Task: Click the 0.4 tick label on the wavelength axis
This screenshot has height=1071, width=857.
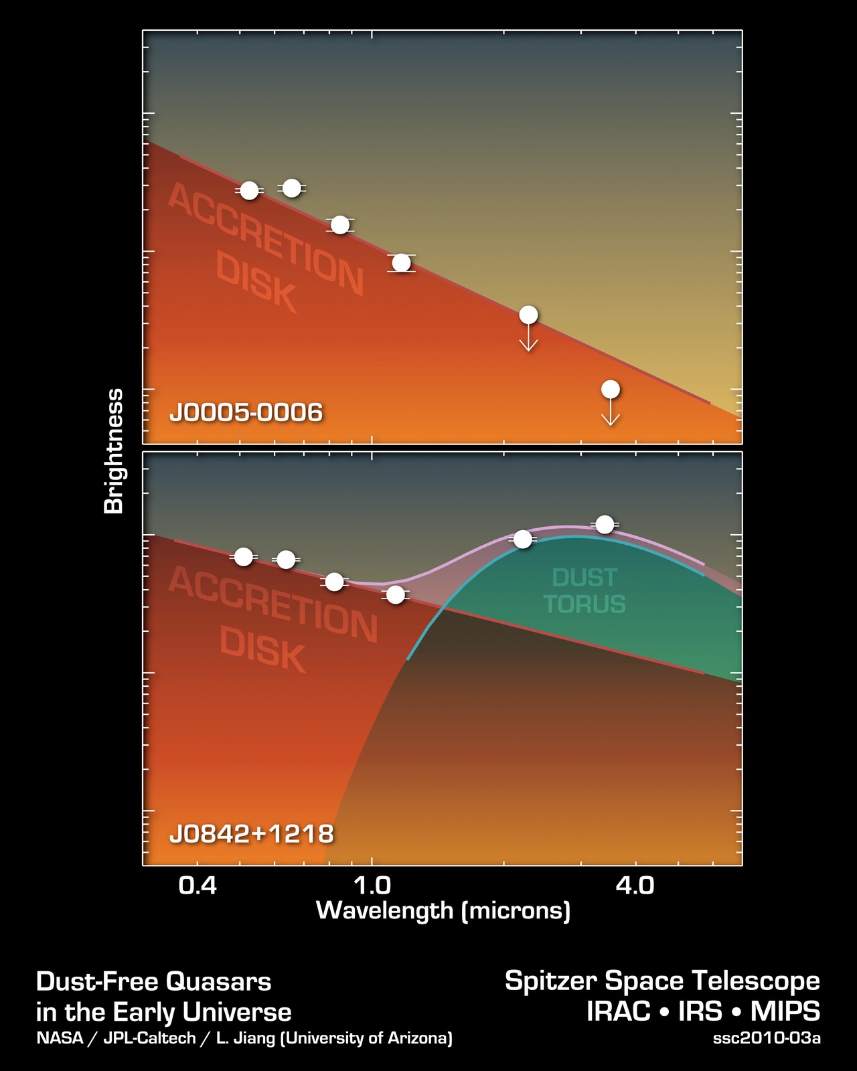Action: pyautogui.click(x=198, y=886)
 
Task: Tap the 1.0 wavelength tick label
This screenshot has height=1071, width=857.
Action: pyautogui.click(x=372, y=886)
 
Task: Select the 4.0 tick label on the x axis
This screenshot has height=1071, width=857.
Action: pyautogui.click(x=634, y=886)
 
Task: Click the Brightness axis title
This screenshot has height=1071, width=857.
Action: pyautogui.click(x=114, y=451)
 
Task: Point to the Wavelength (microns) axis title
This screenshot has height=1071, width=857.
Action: pyautogui.click(x=443, y=911)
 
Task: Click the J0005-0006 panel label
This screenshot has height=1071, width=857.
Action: pyautogui.click(x=246, y=412)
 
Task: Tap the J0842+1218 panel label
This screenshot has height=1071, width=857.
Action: pyautogui.click(x=251, y=834)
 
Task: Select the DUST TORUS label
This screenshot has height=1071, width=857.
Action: pyautogui.click(x=585, y=590)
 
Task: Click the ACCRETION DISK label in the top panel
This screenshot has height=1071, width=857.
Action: pyautogui.click(x=264, y=248)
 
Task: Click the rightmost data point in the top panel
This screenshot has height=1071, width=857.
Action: pyautogui.click(x=610, y=390)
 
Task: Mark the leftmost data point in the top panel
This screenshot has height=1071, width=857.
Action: pyautogui.click(x=249, y=191)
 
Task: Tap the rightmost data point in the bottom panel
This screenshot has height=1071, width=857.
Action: pyautogui.click(x=605, y=524)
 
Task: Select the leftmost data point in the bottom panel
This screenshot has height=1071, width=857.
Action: pyautogui.click(x=244, y=557)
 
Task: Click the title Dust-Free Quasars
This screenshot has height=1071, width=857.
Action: pyautogui.click(x=153, y=982)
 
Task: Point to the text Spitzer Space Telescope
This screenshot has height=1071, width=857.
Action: pyautogui.click(x=661, y=981)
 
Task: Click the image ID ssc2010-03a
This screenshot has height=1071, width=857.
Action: pyautogui.click(x=766, y=1039)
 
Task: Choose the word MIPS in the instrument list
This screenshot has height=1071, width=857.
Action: pyautogui.click(x=785, y=1011)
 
